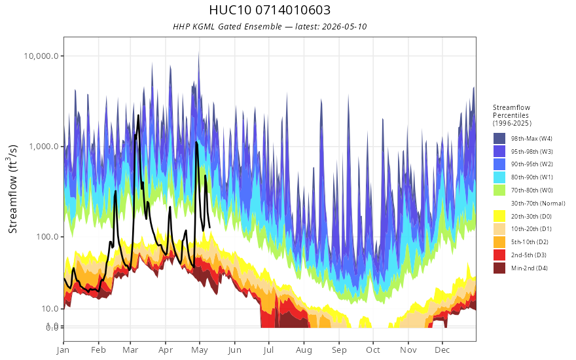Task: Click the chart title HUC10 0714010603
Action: (270, 10)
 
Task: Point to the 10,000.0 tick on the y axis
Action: (41, 56)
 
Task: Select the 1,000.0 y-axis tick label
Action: (44, 146)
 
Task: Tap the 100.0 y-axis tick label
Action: (47, 236)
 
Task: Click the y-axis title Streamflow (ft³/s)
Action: (13, 189)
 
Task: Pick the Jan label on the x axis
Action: (63, 350)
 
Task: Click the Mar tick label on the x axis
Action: (130, 350)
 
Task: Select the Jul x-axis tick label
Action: (268, 350)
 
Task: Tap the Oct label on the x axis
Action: (373, 350)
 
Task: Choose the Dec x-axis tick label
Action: (442, 350)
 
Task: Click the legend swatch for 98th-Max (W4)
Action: (499, 139)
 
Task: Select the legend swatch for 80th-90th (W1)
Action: (499, 177)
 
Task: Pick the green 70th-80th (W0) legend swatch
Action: (499, 190)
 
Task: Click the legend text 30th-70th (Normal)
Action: (538, 203)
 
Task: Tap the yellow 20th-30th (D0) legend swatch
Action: (499, 216)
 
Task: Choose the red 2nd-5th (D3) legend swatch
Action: (499, 255)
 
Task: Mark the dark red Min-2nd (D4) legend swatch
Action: (499, 268)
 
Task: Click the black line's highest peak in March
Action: (139, 115)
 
